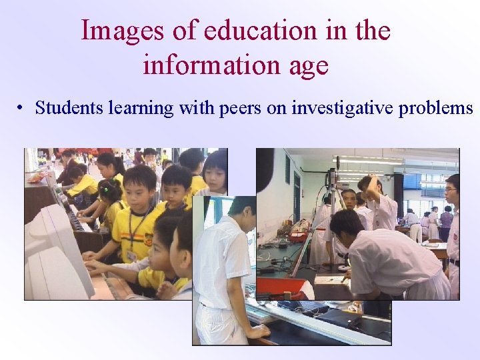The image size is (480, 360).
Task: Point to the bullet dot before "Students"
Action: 22,108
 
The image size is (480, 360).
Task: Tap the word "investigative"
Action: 342,108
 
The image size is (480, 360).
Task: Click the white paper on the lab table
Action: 331,280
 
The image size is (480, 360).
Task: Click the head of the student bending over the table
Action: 345,225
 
